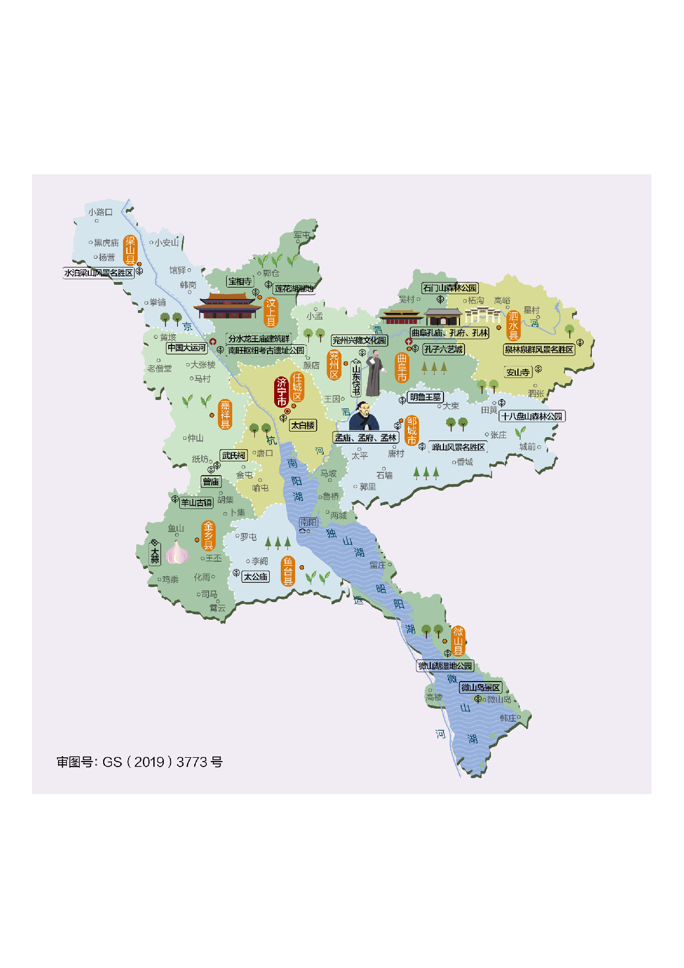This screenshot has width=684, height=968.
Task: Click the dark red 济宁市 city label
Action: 281,391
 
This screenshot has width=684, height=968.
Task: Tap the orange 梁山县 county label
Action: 130,250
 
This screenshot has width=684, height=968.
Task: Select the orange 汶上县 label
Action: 271,312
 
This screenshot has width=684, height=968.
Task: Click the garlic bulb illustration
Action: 177,552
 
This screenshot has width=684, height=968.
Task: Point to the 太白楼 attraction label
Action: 303,426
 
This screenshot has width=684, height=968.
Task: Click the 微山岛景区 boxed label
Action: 481,688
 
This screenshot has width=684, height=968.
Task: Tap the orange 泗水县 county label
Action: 514,326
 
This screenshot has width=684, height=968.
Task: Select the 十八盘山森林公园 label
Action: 532,416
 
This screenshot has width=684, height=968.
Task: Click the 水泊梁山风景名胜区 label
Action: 99,273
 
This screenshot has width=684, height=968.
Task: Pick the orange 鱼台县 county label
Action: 288,572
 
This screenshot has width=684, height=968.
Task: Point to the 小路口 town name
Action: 100,212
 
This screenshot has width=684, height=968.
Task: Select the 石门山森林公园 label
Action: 450,288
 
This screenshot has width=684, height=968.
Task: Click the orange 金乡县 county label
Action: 208,535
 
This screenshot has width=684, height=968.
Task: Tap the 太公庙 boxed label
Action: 256,577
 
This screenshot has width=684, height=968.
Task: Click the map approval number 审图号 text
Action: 140,762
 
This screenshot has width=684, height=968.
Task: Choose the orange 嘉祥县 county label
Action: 225,414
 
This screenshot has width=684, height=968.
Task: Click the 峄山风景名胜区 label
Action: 458,447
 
